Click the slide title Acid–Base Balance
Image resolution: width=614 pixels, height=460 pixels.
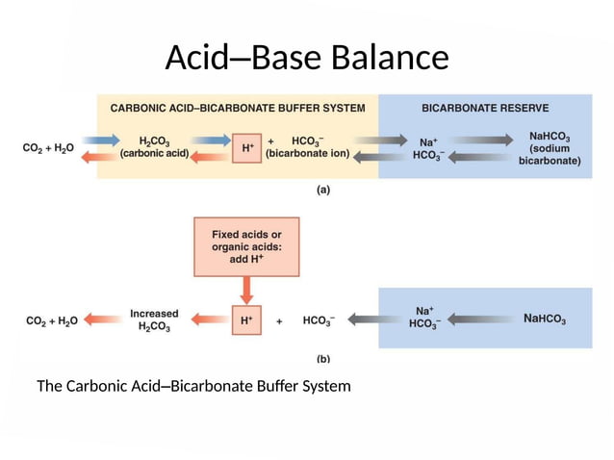(306, 59)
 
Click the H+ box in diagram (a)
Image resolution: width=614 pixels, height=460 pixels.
(247, 148)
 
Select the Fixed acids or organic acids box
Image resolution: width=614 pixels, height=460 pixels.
(246, 246)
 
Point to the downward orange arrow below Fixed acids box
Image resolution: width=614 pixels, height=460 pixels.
(246, 289)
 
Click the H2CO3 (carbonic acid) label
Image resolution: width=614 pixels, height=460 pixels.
(157, 146)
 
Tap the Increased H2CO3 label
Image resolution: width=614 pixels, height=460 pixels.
(155, 320)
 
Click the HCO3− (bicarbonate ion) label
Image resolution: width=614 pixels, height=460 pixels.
(308, 146)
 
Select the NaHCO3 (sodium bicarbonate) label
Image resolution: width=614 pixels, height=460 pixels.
(550, 149)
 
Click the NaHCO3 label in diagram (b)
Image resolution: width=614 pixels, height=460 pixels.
(545, 319)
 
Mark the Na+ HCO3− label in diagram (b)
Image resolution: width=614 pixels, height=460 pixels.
(424, 318)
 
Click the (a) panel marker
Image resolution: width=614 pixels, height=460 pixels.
(323, 190)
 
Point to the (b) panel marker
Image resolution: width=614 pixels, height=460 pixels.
(323, 358)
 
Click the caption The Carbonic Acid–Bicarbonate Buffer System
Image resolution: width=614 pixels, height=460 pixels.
(193, 387)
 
